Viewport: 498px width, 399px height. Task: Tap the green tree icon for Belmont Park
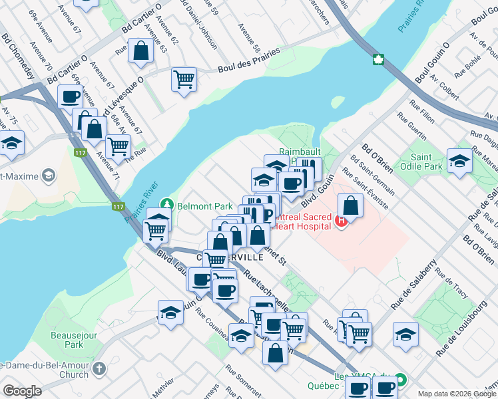170,205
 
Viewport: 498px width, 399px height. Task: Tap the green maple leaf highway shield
378,60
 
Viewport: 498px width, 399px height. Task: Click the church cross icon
99,368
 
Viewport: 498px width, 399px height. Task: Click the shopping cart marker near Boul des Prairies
184,79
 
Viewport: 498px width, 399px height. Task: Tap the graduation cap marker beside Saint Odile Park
459,160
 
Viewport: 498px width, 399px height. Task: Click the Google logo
22,391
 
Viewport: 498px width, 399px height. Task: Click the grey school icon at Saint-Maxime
47,176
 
